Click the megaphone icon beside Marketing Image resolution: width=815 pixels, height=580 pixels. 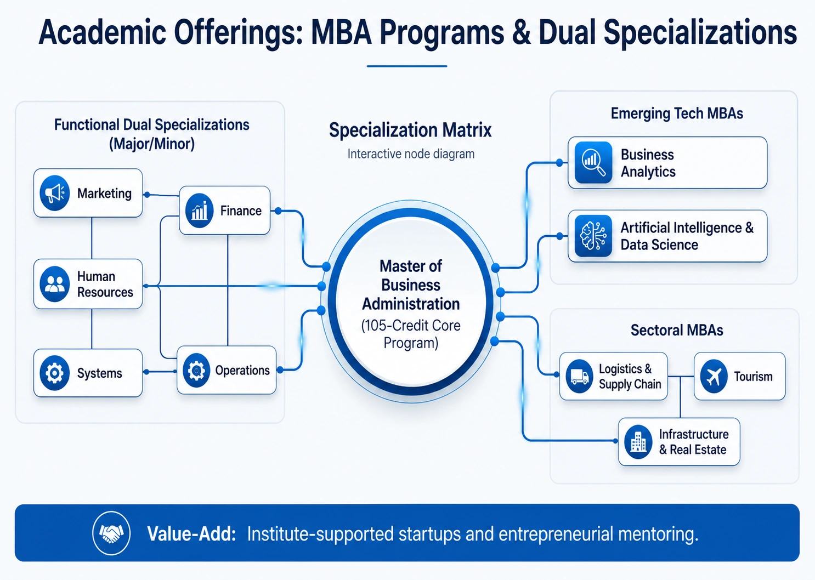tap(55, 193)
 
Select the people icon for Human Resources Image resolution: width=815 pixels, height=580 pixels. tap(55, 284)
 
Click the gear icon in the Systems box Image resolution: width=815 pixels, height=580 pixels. tap(55, 373)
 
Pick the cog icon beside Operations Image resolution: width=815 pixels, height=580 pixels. tap(196, 370)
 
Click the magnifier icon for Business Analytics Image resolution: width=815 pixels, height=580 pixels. tap(593, 162)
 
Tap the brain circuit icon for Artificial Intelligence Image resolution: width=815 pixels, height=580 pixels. tap(593, 236)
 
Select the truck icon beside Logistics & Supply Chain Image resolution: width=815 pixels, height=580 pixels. tap(579, 377)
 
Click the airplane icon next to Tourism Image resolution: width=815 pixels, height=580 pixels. tap(714, 377)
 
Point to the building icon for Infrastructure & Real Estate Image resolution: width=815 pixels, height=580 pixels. tap(638, 442)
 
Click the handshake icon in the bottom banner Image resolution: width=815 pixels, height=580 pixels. tap(111, 533)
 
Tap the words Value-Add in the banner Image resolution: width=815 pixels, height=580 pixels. tap(191, 534)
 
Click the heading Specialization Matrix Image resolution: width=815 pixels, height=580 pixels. tap(410, 130)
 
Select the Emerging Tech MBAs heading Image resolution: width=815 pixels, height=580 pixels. tap(677, 113)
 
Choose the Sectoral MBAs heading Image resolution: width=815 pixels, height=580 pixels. tap(677, 330)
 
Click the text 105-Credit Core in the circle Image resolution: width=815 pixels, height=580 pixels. tap(411, 326)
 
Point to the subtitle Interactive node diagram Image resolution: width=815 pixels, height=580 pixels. tap(411, 154)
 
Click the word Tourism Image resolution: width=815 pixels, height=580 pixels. tap(753, 377)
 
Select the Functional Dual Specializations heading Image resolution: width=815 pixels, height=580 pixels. tap(152, 125)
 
